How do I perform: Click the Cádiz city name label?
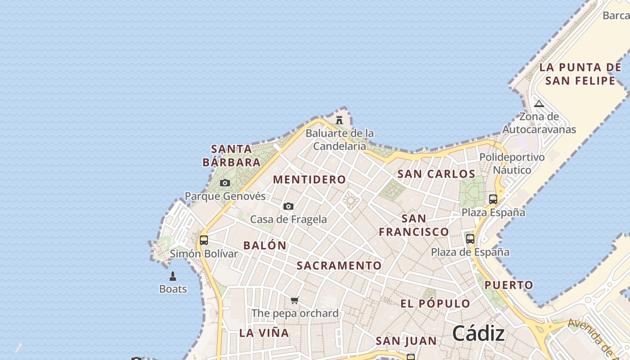point(478,334)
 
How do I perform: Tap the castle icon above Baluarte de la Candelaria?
point(339,120)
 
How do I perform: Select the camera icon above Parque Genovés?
point(225,183)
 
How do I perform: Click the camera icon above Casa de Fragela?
point(288,206)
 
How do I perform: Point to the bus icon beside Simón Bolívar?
point(204,240)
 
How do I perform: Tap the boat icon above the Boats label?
point(173,276)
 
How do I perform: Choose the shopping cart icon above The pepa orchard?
point(295,300)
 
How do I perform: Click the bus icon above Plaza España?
point(493,199)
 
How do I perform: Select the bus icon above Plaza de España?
point(470,238)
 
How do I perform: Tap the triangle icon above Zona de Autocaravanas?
point(539,104)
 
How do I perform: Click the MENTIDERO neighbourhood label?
point(310,180)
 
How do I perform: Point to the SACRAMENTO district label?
point(339,266)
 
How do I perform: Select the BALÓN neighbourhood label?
point(265,246)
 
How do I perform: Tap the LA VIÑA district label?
point(264,333)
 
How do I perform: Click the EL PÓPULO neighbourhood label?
point(435,304)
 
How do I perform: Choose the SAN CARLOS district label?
point(436,174)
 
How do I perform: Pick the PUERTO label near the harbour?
point(508,285)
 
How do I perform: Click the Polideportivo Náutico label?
point(512,164)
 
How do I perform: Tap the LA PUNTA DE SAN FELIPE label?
point(580,74)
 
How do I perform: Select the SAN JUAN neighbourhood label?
point(406,341)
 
